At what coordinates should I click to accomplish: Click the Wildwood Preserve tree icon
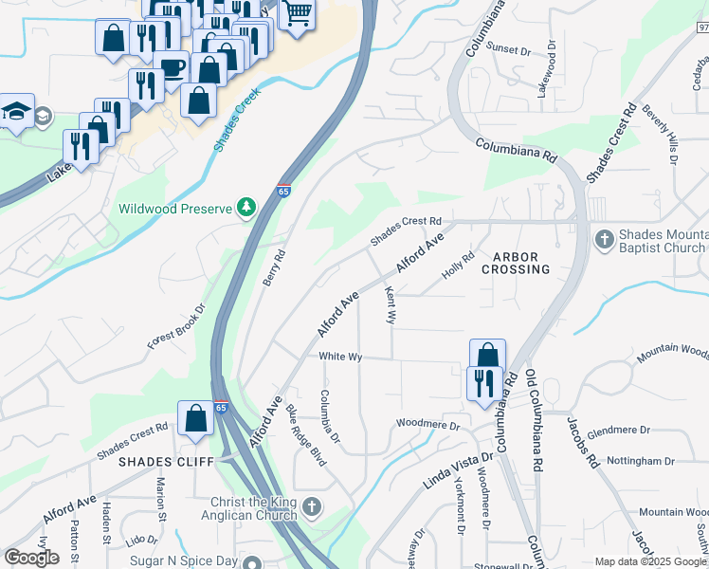[x=246, y=207]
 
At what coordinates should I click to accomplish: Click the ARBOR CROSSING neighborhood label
[x=521, y=264]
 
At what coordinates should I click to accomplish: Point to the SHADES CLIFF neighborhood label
[x=156, y=462]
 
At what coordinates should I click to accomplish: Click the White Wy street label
[x=341, y=357]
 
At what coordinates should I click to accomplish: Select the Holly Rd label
[x=458, y=266]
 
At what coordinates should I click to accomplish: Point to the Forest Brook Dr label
[x=176, y=326]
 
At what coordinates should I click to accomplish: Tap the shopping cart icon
[x=297, y=13]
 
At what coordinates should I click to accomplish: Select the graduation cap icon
[x=17, y=114]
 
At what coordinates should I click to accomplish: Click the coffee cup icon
[x=172, y=66]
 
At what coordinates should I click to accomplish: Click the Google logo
[x=32, y=558]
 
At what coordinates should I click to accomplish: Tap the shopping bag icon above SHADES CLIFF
[x=195, y=418]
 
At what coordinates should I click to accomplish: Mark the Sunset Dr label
[x=508, y=47]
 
